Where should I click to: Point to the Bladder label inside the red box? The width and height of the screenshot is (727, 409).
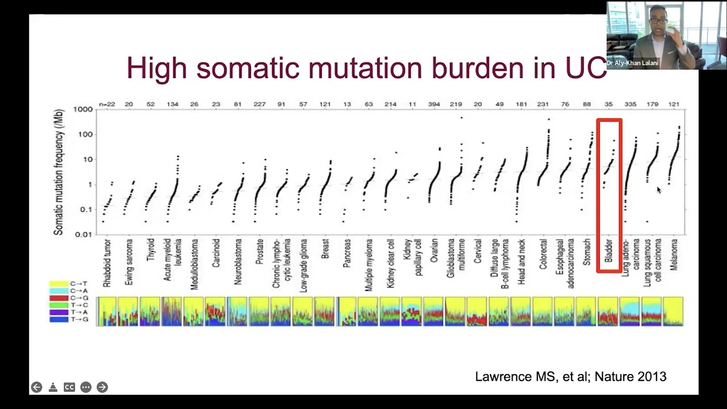click(608, 251)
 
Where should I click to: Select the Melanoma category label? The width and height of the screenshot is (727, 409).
click(674, 254)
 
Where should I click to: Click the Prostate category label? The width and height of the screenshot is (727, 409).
click(260, 251)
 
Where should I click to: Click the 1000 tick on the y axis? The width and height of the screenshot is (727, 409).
click(82, 110)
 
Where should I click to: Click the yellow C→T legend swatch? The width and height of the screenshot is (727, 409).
click(59, 283)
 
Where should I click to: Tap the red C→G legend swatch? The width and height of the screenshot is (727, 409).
click(59, 298)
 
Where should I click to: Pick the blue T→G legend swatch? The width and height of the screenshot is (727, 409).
click(59, 319)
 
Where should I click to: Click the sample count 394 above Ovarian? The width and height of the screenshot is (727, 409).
click(434, 104)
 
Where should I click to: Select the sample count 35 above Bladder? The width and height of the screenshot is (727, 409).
click(608, 104)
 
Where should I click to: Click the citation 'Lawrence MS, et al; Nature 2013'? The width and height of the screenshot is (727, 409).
click(570, 376)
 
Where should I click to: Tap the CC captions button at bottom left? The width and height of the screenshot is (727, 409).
click(69, 387)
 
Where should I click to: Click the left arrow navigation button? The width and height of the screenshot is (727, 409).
click(36, 387)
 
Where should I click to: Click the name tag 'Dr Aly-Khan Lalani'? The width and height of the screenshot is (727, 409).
click(632, 63)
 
